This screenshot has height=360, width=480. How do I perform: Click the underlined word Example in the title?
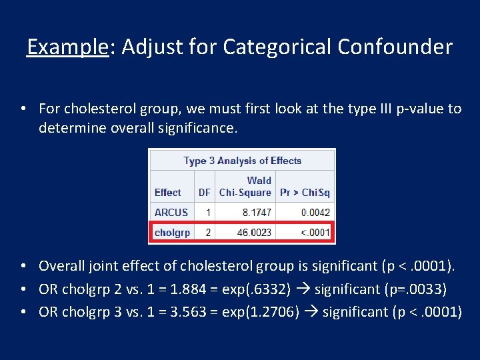[x=67, y=47]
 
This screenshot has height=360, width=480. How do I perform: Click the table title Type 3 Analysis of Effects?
[x=242, y=161]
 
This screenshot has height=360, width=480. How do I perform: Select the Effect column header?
[x=167, y=193]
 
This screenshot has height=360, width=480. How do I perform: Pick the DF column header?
[x=205, y=193]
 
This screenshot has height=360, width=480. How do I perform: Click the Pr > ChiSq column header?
[x=305, y=193]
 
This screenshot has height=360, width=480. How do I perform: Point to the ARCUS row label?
[x=171, y=213]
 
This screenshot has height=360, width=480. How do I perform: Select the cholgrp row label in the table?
[x=172, y=233]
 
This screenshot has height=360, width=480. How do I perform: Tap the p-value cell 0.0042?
[x=315, y=213]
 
